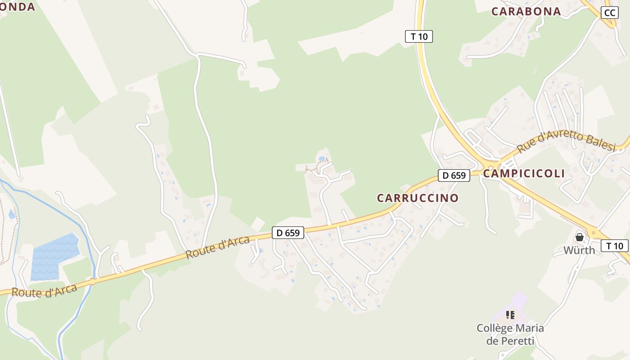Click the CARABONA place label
click(526, 11)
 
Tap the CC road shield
click(609, 13)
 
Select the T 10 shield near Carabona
click(419, 36)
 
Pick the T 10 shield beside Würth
click(614, 246)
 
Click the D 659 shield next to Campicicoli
click(454, 175)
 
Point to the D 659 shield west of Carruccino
click(288, 233)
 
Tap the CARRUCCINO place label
click(418, 198)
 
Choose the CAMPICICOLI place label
click(524, 174)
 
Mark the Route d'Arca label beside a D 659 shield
click(217, 247)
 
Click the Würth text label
click(579, 250)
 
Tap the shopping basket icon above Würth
click(580, 237)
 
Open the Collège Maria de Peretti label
click(510, 334)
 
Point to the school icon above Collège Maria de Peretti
click(510, 315)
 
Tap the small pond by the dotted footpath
click(322, 158)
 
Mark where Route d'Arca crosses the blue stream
click(92, 281)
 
